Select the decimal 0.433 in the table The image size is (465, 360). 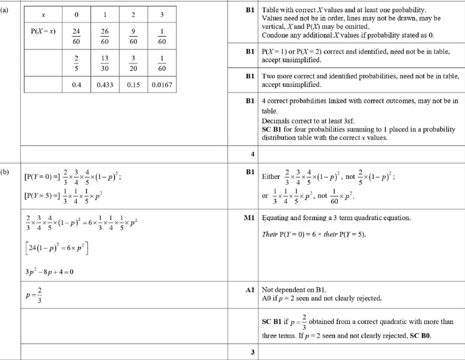tap(105, 85)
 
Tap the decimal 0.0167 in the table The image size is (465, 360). tap(162, 85)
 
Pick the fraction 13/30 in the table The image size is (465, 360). tap(105, 63)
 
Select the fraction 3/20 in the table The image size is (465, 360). tap(133, 63)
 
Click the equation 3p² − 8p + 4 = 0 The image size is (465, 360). tap(49, 271)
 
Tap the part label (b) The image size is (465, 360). tap(5, 172)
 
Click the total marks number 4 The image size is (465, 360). tap(252, 154)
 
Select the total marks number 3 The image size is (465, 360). tap(252, 352)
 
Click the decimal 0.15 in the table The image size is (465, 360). tap(133, 85)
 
